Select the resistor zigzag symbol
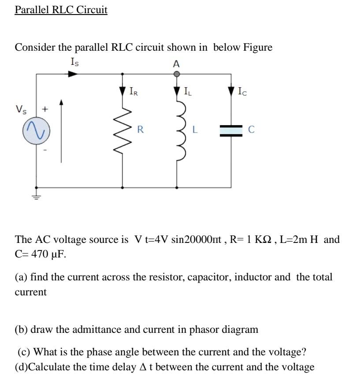(x=122, y=130)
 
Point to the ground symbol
(x=36, y=194)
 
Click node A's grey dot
(x=177, y=74)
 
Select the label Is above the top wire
(x=75, y=62)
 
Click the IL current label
(x=188, y=92)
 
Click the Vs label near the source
(x=20, y=108)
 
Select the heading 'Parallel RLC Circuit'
(x=61, y=10)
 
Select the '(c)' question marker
(x=24, y=352)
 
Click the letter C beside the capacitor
(x=251, y=130)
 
